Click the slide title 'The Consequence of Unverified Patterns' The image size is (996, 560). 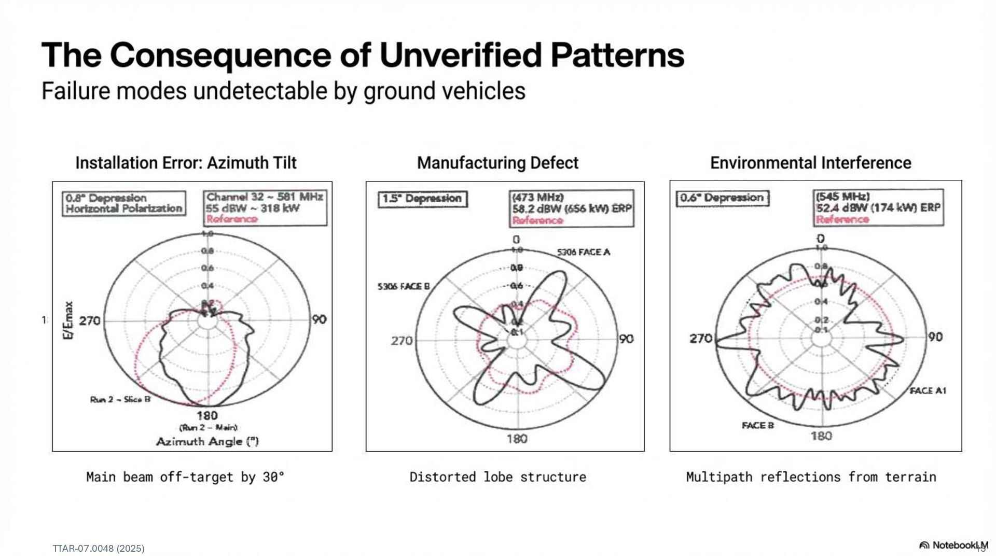(x=363, y=55)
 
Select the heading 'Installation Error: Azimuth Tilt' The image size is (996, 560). (x=186, y=163)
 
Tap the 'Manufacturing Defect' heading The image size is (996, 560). (x=497, y=163)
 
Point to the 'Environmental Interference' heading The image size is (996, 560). (x=810, y=163)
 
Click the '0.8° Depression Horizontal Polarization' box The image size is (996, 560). (x=124, y=203)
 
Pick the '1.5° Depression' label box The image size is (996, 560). (x=422, y=199)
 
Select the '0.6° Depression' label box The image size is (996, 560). (x=722, y=198)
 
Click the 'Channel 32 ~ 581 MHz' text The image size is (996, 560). (x=265, y=197)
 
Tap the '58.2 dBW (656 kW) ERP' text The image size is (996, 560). (x=572, y=208)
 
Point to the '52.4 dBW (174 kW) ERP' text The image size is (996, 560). (x=878, y=208)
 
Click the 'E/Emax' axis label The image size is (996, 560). (x=68, y=320)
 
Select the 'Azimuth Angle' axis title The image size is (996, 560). (x=208, y=441)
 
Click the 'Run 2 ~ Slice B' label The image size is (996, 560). (x=120, y=399)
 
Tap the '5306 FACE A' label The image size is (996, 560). (x=584, y=253)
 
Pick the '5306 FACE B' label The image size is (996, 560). (x=404, y=286)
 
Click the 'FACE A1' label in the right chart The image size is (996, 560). (x=928, y=390)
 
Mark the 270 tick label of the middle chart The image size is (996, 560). (x=402, y=341)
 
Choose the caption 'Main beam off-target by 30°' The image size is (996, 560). (x=185, y=477)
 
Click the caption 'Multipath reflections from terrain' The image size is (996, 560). (x=811, y=477)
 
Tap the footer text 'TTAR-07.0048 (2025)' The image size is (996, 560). (x=99, y=549)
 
